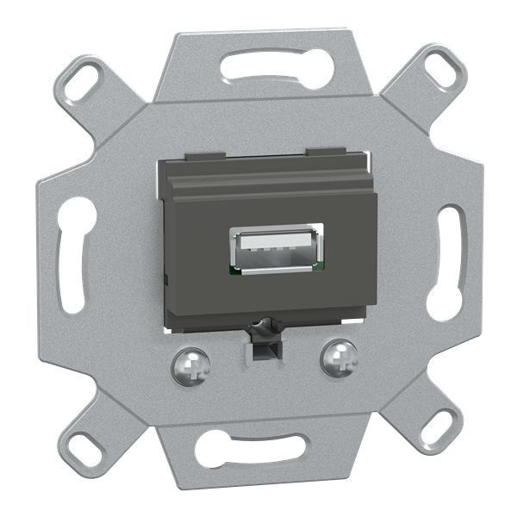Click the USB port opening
pos(277,249)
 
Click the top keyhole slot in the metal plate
pos(276,65)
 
